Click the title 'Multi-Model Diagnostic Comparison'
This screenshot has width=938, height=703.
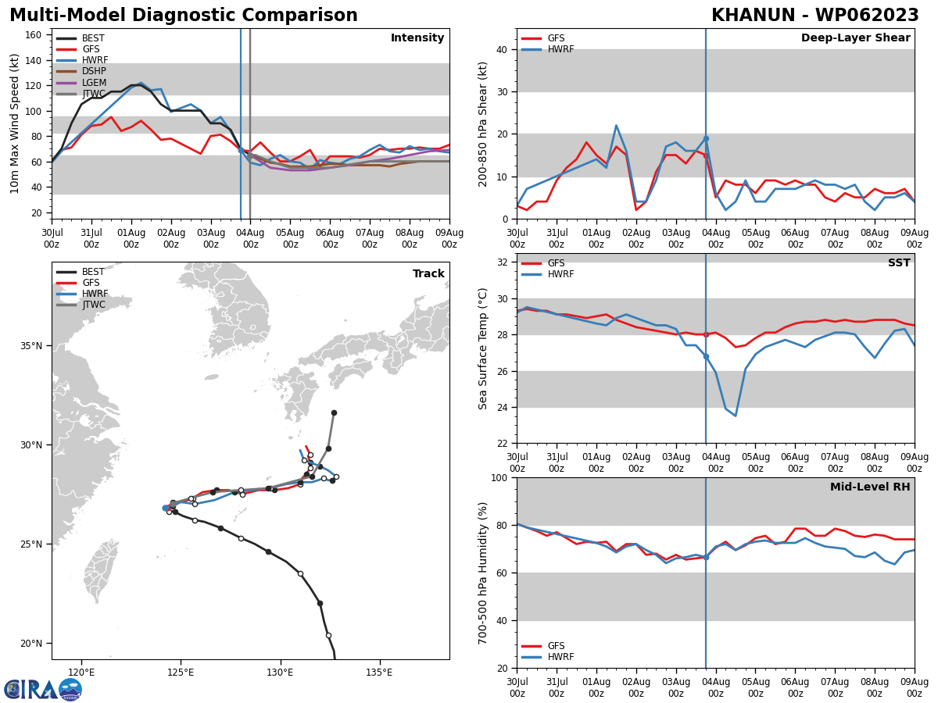point(184,16)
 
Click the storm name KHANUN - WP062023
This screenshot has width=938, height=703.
point(814,16)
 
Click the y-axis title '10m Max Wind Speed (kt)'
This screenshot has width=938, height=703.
point(15,123)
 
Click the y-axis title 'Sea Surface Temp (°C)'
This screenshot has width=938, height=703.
point(483,348)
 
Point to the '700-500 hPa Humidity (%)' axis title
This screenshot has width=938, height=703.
point(483,573)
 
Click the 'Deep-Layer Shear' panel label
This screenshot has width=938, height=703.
point(855,38)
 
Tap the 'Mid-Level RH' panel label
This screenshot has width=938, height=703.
point(870,487)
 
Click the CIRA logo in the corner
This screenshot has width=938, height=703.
point(43,689)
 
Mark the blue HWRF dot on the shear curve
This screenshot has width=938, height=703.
point(706,138)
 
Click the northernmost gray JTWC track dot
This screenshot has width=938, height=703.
point(334,412)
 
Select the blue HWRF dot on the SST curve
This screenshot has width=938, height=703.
point(706,356)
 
